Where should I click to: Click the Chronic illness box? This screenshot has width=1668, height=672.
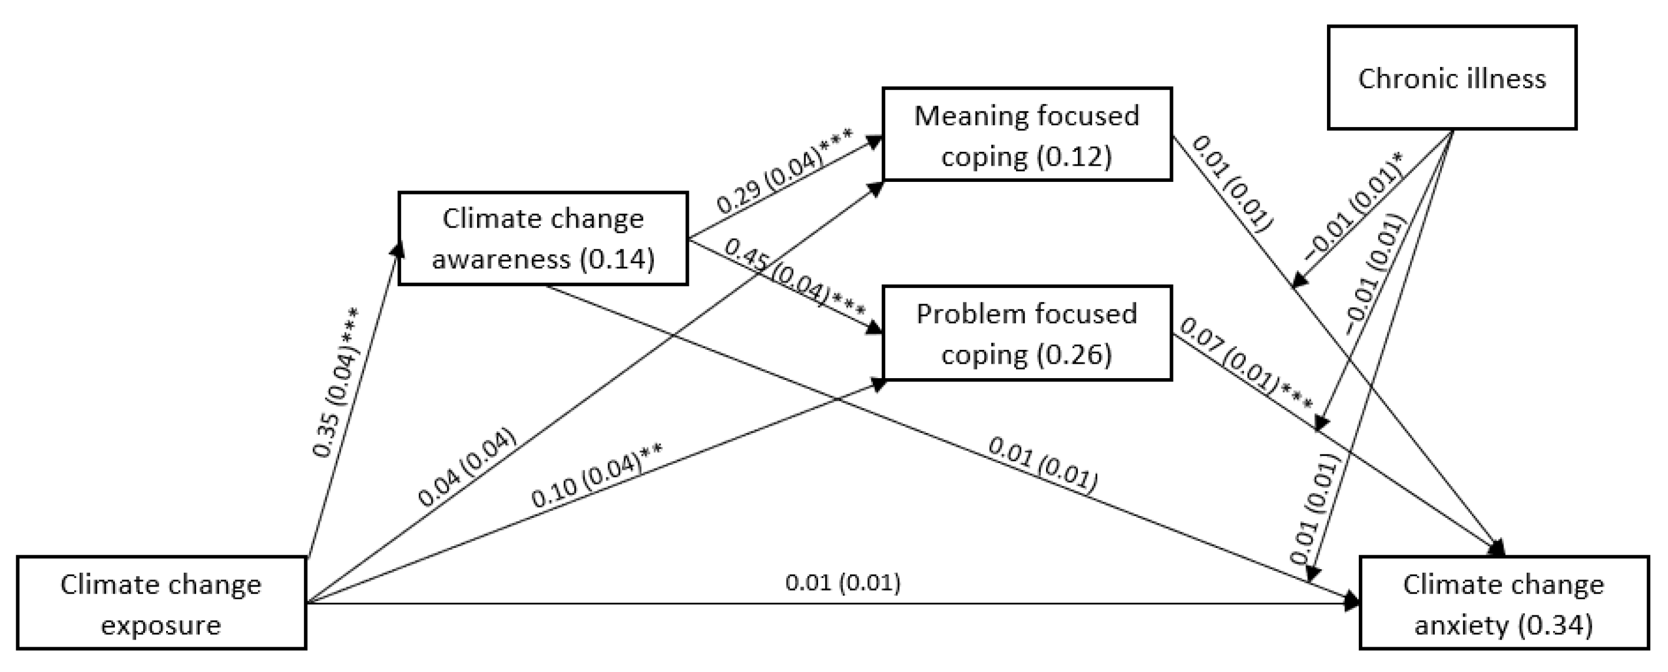click(x=1452, y=78)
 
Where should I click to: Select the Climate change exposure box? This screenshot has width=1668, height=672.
click(x=161, y=603)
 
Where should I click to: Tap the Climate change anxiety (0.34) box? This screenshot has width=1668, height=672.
click(x=1504, y=603)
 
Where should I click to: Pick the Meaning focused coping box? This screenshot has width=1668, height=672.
click(x=1027, y=134)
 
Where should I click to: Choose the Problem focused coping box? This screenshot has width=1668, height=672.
click(x=1027, y=333)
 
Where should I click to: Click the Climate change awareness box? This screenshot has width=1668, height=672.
click(x=542, y=238)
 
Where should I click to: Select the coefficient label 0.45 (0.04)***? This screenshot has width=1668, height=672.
click(x=794, y=279)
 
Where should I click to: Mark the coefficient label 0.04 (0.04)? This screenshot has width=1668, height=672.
click(x=467, y=466)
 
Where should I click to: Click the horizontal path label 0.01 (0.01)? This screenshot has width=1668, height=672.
click(x=842, y=583)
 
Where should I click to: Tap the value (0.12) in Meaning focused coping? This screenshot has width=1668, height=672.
click(x=1074, y=156)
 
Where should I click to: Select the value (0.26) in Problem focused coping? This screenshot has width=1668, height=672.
click(x=1074, y=354)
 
